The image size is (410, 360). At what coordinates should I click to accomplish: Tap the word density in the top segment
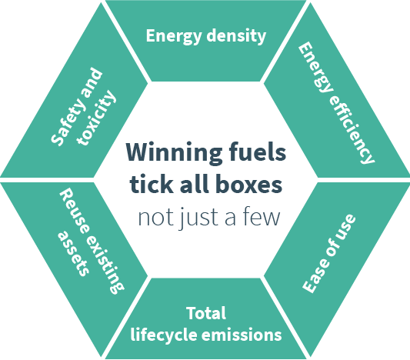pos(236,36)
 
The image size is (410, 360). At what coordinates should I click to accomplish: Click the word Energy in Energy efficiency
pos(315,67)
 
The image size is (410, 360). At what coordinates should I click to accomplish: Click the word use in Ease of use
pos(345,227)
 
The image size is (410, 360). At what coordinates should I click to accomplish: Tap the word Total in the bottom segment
pos(206,313)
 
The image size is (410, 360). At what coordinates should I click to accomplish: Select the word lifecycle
pos(164,335)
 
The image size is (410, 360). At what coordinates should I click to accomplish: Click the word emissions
pos(242,335)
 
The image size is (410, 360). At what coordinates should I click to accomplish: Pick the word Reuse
pos(74,212)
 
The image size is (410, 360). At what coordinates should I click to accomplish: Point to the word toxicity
pos(96,118)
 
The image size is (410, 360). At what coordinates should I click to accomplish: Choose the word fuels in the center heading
pos(258,152)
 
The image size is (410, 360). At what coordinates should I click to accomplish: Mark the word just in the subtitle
pos(198,218)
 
